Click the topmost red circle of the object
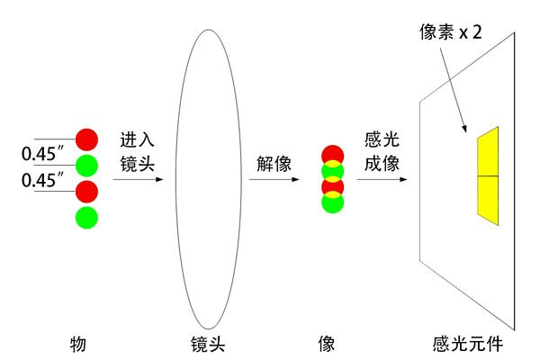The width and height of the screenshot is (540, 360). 87,139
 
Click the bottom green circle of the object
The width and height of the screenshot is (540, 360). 87,217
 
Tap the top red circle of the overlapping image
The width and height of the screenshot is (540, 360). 331,153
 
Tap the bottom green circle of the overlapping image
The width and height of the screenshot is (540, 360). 331,203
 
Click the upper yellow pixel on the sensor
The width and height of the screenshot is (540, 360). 487,153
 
